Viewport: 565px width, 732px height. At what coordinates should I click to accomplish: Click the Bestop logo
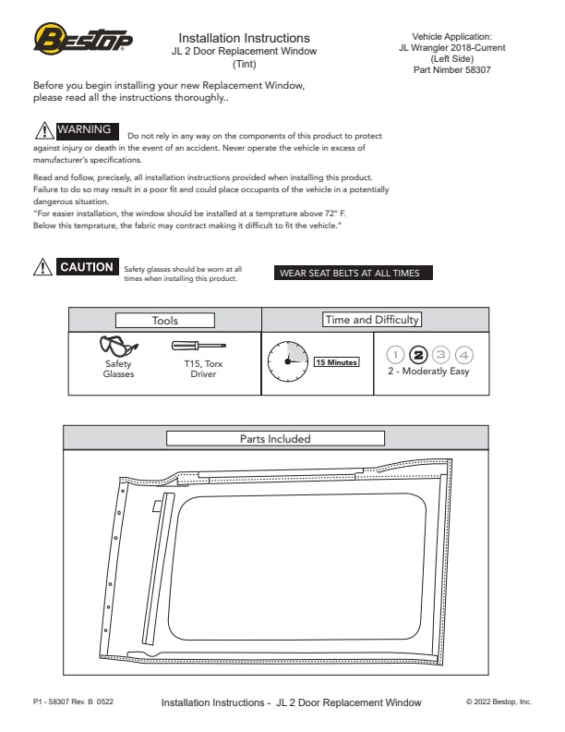(x=83, y=39)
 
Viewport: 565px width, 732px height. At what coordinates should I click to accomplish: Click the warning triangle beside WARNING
(x=43, y=130)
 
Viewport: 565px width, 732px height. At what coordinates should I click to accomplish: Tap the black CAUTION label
(x=86, y=268)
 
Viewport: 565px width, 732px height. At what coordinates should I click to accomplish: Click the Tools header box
(x=165, y=321)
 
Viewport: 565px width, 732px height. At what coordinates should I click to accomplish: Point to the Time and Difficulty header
(x=371, y=320)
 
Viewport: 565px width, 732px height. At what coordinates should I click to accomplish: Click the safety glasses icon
(x=118, y=347)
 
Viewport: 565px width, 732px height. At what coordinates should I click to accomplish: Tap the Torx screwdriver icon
(x=199, y=346)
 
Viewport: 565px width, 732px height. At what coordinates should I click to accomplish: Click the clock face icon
(x=287, y=361)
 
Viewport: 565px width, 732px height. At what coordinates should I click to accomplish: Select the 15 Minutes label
(x=336, y=362)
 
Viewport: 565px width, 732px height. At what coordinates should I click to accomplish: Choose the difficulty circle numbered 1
(x=396, y=354)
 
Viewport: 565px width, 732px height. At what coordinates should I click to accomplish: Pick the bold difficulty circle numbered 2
(x=418, y=354)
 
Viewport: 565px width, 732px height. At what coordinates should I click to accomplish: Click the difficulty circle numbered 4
(x=463, y=354)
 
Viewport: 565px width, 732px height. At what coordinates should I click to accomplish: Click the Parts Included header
(x=275, y=438)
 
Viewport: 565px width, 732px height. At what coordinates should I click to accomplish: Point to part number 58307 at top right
(x=458, y=69)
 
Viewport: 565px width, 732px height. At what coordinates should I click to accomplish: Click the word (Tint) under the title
(x=245, y=64)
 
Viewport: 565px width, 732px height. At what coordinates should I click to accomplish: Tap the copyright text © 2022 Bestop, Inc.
(x=499, y=702)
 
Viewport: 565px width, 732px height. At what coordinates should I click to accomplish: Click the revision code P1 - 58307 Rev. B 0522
(x=74, y=702)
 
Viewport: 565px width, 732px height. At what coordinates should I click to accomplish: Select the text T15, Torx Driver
(x=203, y=369)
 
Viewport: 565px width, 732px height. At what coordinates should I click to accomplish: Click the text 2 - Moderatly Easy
(x=428, y=372)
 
